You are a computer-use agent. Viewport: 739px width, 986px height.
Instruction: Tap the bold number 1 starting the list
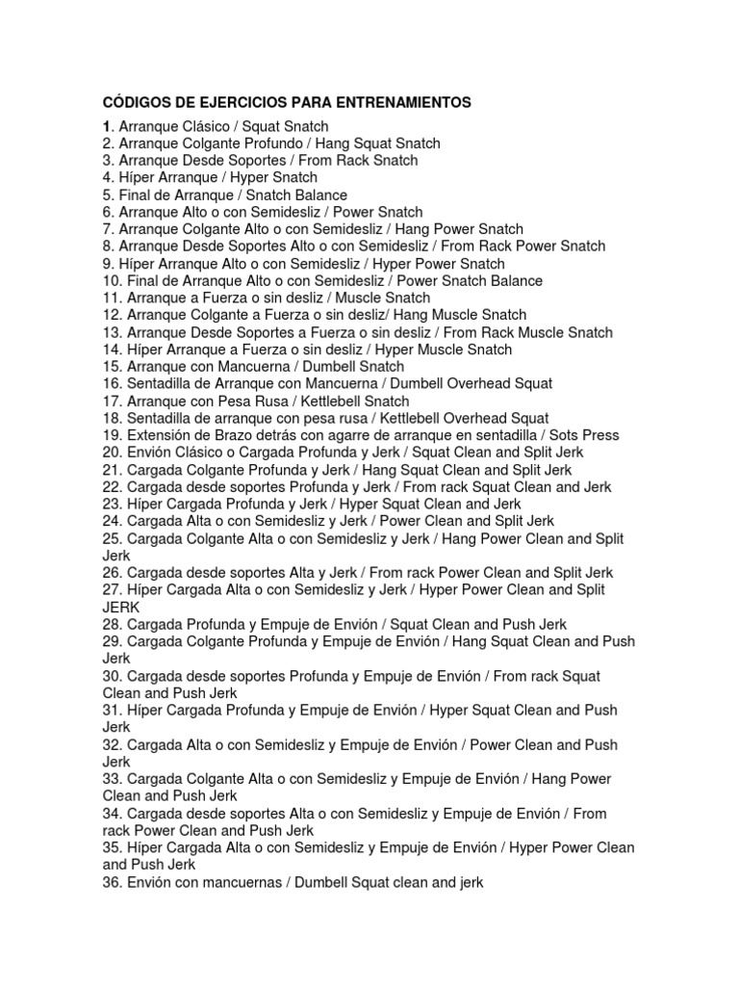[x=107, y=126]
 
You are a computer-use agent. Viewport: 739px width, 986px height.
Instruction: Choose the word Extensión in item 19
[x=159, y=435]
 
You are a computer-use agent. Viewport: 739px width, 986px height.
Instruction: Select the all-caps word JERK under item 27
[x=121, y=608]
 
